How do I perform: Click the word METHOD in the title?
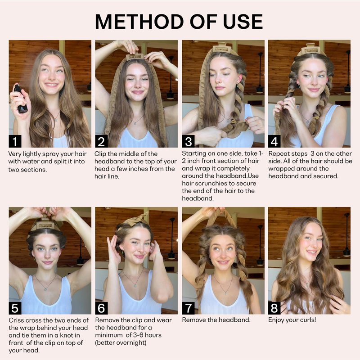point(139,22)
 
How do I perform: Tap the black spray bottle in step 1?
point(21,99)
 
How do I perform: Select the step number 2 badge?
point(101,141)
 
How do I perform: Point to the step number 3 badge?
point(188,141)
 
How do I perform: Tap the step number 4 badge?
point(274,141)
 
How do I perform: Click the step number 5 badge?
point(15,308)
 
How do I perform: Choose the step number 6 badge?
point(101,308)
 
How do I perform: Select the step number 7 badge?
point(188,308)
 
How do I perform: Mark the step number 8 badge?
point(274,308)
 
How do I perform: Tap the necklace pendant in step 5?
point(46,289)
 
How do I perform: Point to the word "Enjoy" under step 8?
point(276,320)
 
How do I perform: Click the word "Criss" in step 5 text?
point(16,320)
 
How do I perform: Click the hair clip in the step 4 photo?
point(310,49)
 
